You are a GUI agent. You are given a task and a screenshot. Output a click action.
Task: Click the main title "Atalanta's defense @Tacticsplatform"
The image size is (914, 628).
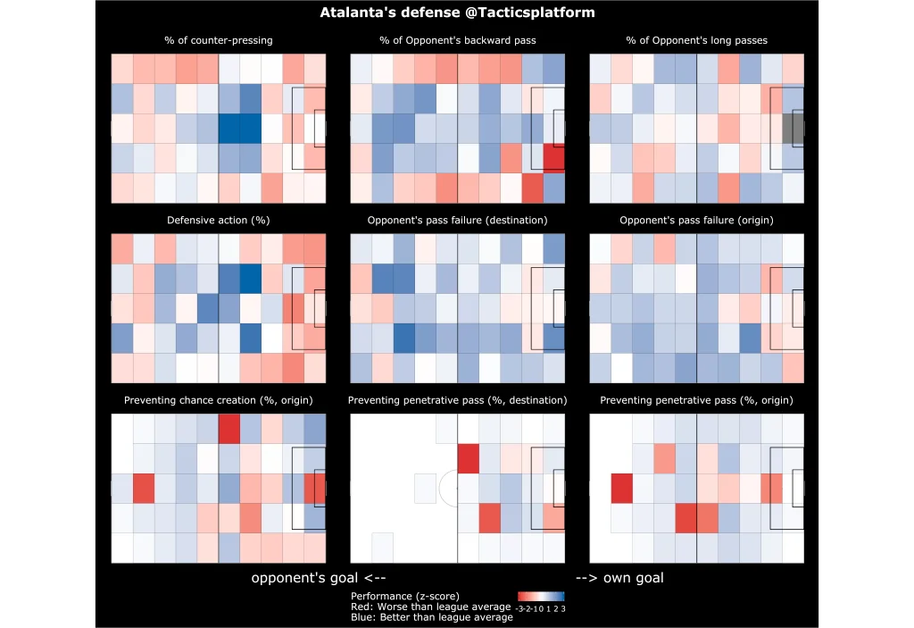tap(457, 13)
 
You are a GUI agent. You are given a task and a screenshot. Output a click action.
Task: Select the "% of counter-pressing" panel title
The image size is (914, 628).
tap(219, 40)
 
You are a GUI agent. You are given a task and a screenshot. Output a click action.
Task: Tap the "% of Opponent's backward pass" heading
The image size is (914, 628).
tap(457, 40)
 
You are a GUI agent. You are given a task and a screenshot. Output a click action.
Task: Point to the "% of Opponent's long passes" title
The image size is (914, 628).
tap(696, 40)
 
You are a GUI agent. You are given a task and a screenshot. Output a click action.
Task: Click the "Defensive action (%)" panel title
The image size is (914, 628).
tap(219, 220)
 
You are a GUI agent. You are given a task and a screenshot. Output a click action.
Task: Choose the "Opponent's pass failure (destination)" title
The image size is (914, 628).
tap(457, 220)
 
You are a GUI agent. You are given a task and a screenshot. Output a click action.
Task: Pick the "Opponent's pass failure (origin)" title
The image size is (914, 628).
tap(696, 220)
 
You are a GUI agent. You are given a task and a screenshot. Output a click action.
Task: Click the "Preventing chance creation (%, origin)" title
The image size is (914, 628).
tap(219, 399)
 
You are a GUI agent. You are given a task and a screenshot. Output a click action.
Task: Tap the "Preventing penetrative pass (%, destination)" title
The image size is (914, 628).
tap(457, 399)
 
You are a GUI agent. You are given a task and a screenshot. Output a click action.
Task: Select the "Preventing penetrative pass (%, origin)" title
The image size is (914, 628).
tap(696, 399)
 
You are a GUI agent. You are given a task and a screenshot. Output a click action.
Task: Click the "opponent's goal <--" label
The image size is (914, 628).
tap(318, 578)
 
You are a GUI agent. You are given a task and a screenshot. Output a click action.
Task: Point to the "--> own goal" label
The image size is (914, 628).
tap(619, 578)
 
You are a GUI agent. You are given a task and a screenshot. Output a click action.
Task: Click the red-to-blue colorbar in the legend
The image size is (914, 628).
tap(541, 596)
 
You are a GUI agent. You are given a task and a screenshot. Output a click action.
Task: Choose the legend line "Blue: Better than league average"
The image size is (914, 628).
tap(432, 617)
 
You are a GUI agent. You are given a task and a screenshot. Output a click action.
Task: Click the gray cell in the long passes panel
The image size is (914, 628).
tap(794, 129)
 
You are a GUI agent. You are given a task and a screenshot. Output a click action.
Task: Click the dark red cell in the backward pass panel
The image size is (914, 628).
tap(554, 158)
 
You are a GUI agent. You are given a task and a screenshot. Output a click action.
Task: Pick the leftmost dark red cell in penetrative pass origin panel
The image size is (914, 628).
tap(621, 489)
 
